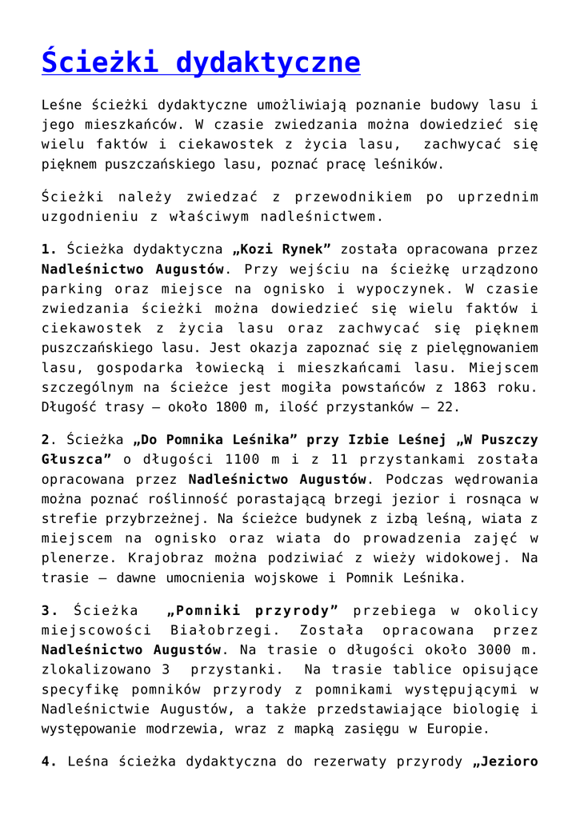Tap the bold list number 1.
click(48, 250)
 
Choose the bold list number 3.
click(48, 611)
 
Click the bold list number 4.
click(48, 761)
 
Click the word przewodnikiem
click(354, 197)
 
